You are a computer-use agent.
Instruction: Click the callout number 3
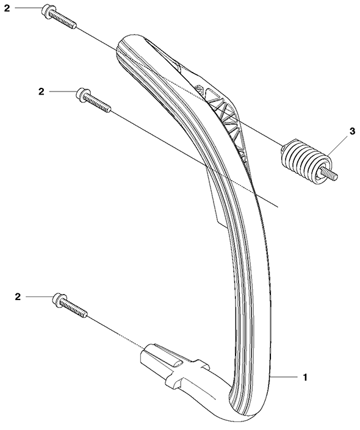tap(353, 131)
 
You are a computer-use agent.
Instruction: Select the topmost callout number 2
tap(7, 8)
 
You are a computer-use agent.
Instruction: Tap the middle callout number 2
tap(41, 91)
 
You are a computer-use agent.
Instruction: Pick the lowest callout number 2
tap(18, 296)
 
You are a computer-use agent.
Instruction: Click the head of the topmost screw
tap(47, 10)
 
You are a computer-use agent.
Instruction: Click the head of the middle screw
tap(82, 94)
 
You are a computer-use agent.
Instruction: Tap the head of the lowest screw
tap(58, 299)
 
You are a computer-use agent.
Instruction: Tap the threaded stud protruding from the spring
tap(330, 175)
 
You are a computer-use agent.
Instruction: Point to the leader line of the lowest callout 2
tap(39, 296)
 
